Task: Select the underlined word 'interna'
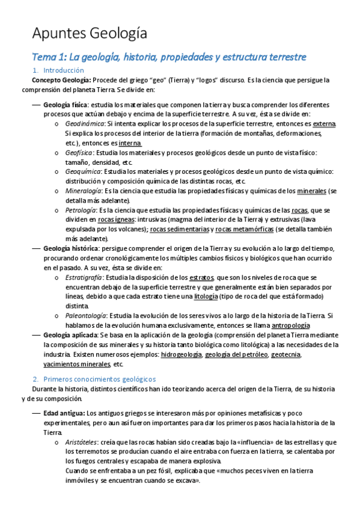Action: coord(130,143)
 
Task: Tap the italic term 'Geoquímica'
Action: coord(83,171)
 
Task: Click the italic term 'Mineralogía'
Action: coord(84,191)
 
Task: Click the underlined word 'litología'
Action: coord(207,296)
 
